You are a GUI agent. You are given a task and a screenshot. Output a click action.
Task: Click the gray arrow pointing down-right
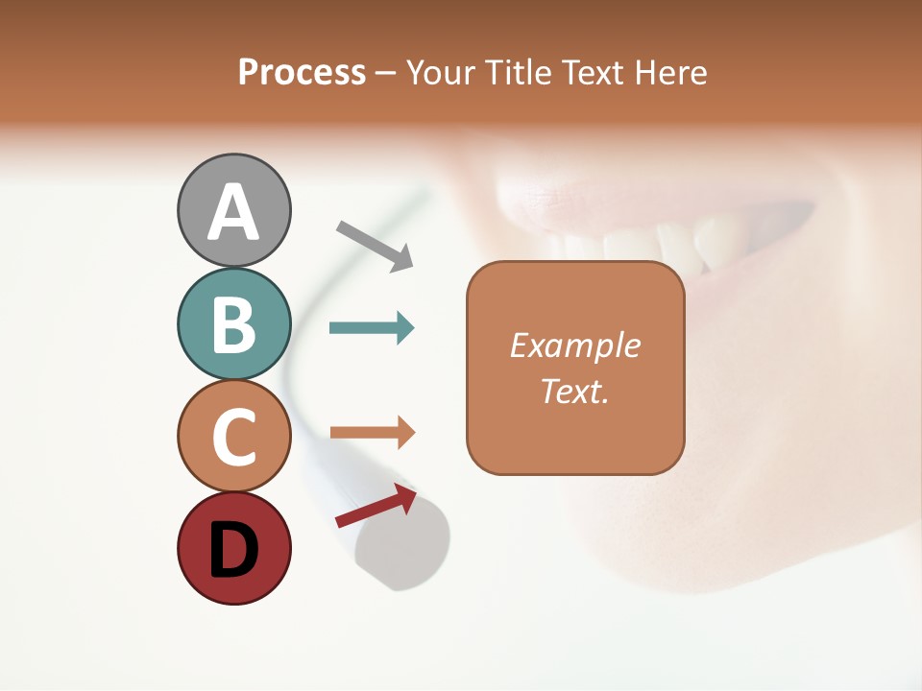375,246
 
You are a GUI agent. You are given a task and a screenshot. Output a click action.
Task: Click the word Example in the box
574,345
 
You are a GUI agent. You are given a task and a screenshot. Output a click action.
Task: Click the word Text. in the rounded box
574,391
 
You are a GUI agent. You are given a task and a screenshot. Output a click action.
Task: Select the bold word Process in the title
302,73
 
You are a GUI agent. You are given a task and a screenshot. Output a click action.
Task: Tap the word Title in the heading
519,73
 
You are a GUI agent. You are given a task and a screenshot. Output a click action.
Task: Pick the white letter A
233,213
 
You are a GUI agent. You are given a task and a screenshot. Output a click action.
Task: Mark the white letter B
233,325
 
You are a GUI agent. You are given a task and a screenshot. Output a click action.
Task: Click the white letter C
233,437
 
